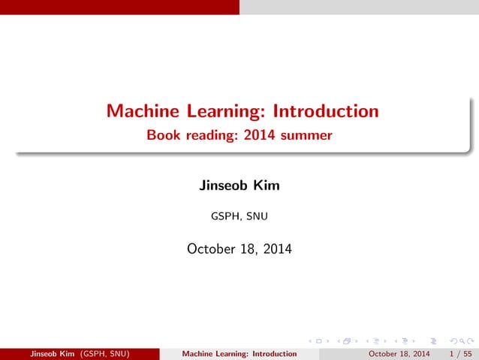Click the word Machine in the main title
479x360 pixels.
coord(142,112)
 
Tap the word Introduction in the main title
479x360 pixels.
coord(325,112)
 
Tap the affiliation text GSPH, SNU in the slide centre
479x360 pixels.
coord(239,218)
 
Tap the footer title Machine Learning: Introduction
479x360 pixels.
coord(239,353)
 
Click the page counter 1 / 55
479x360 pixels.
coord(457,353)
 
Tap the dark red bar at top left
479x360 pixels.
coord(119,7)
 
